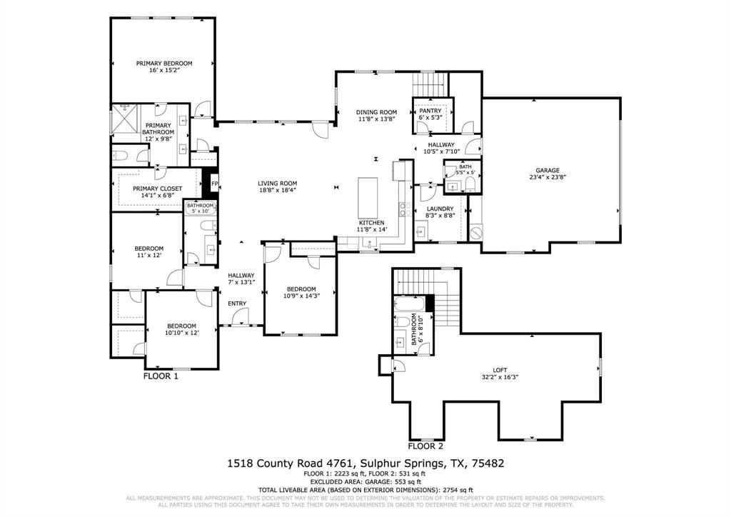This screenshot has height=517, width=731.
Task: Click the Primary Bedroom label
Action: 164,63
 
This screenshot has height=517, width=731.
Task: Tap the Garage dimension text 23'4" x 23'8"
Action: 544,178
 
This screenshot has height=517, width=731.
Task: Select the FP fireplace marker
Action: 213,184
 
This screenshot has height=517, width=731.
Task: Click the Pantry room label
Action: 430,111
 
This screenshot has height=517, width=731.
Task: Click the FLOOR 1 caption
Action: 161,376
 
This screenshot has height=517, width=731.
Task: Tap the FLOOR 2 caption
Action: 425,446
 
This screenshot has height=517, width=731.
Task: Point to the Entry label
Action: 237,303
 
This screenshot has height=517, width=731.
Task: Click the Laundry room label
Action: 440,209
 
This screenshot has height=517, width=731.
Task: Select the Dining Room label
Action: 376,112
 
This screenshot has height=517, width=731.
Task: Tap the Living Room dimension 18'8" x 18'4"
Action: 277,191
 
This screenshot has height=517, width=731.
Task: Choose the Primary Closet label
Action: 157,188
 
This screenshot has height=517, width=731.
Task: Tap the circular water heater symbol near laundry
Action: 476,233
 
